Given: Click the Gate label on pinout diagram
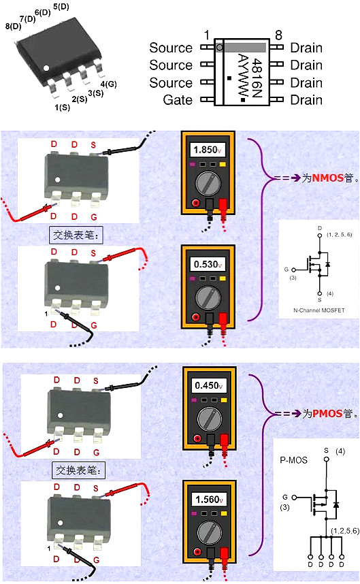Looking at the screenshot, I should pos(178,100).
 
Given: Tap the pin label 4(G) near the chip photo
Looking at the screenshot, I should pos(108,84).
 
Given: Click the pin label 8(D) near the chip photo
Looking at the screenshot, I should pos(13,27).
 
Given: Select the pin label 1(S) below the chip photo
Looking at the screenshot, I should pos(61,107).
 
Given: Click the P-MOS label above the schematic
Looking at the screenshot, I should pos(294,460).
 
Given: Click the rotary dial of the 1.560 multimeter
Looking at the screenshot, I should pos(209,531).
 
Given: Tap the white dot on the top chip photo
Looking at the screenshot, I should pos(46,67).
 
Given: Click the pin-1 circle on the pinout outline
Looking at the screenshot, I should pos(219,48).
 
